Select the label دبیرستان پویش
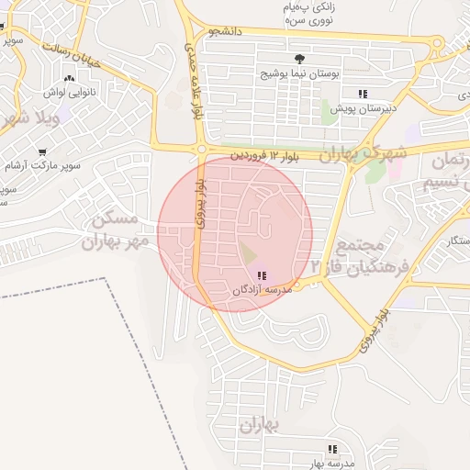(363, 107)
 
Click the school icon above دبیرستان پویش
(363, 94)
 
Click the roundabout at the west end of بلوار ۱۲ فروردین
(201, 149)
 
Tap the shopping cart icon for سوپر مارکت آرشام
(42, 153)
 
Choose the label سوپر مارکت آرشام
(43, 166)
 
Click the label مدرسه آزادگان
(261, 289)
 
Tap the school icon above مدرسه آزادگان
(262, 275)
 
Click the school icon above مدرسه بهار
(332, 450)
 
